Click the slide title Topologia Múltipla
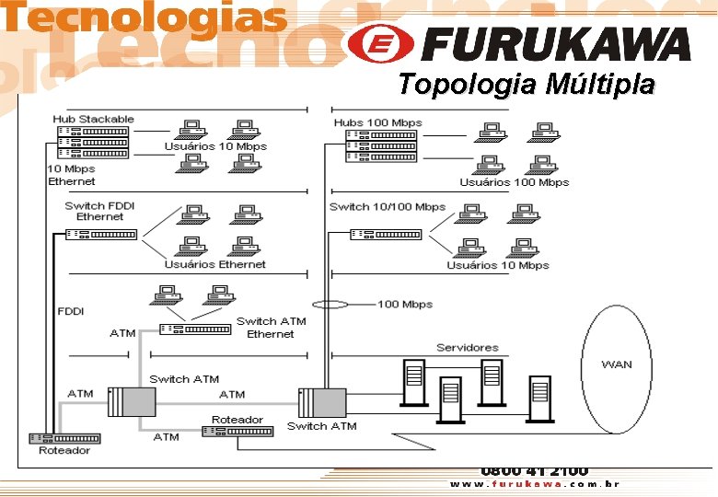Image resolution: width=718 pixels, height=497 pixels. (527, 86)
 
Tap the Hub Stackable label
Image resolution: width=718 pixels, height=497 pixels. (93, 119)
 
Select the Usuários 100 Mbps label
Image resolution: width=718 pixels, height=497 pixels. (515, 182)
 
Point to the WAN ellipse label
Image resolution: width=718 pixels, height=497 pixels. (616, 364)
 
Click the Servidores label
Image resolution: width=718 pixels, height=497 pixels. (467, 347)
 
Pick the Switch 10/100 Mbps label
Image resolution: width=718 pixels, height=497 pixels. (388, 207)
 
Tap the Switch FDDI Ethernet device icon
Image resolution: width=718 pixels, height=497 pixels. (101, 235)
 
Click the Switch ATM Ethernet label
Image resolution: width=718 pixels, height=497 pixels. (271, 328)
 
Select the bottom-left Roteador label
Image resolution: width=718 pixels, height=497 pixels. (64, 451)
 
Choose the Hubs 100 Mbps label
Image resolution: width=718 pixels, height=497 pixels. (377, 122)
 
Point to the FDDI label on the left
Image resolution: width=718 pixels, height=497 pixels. (71, 311)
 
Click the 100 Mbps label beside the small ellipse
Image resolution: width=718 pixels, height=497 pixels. (405, 304)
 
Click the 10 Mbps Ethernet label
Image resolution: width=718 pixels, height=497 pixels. (71, 175)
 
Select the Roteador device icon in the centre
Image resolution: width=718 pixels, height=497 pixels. (237, 432)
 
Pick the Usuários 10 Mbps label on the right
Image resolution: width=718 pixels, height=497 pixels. (498, 266)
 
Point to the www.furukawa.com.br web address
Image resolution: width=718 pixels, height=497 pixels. (534, 484)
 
